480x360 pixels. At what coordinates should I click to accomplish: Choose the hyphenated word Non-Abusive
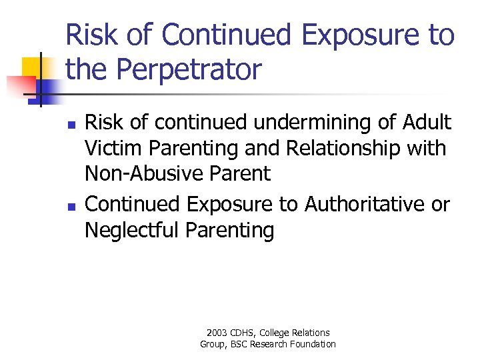(x=141, y=173)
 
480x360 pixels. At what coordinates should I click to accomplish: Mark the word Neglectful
(x=132, y=230)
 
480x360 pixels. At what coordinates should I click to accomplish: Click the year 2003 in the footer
(x=217, y=333)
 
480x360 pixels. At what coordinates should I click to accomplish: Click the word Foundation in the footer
(x=313, y=344)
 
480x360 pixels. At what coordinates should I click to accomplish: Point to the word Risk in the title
(x=88, y=35)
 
